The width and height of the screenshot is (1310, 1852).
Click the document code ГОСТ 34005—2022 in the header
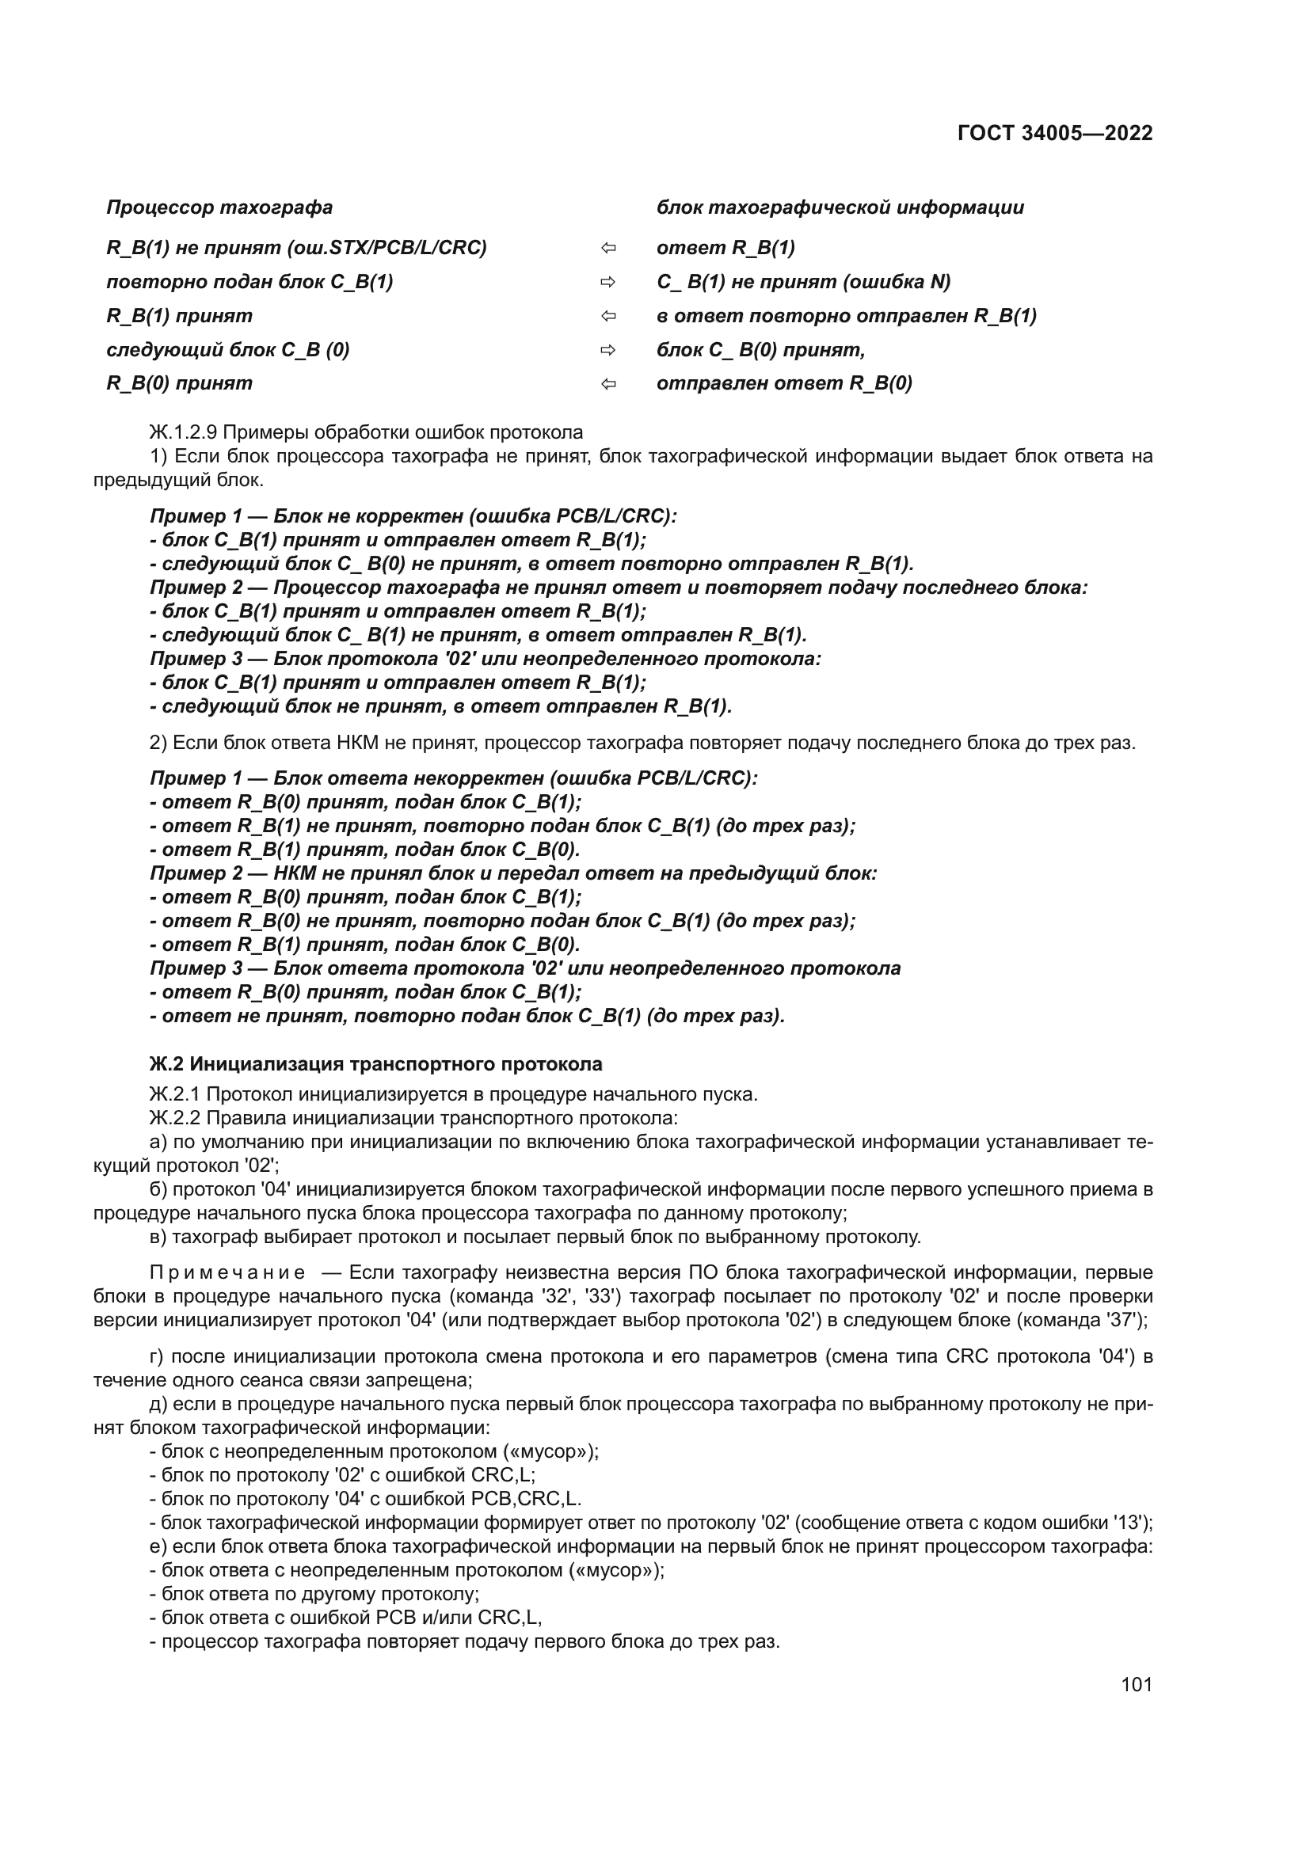tap(1054, 133)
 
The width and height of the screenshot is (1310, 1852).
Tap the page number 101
tap(1136, 1684)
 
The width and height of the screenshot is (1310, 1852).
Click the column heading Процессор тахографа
tap(219, 207)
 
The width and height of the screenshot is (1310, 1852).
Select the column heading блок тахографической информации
tap(840, 207)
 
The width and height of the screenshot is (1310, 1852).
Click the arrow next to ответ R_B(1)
tap(608, 249)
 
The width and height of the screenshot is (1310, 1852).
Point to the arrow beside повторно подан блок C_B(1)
tap(608, 283)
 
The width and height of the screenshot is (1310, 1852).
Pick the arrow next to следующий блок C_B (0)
tap(608, 350)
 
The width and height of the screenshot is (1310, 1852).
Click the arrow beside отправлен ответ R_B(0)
tap(608, 384)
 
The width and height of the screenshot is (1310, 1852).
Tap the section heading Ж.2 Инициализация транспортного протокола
tap(376, 1064)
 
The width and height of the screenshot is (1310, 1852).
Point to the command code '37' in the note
tap(1127, 1321)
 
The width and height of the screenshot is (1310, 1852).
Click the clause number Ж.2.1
tap(175, 1094)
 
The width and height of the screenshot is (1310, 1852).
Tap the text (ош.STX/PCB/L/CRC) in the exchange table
tap(387, 248)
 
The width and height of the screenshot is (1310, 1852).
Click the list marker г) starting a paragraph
tap(158, 1357)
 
